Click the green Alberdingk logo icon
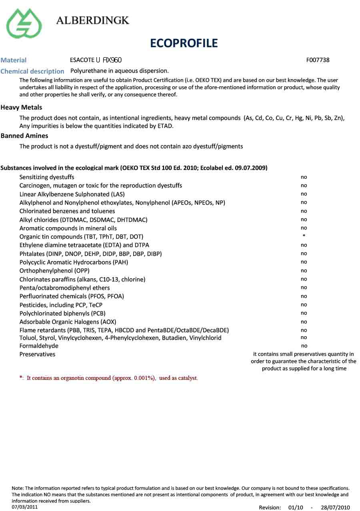pyautogui.click(x=24, y=23)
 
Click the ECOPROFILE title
pyautogui.click(x=184, y=43)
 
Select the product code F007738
pyautogui.click(x=318, y=60)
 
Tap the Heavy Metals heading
pyautogui.click(x=21, y=107)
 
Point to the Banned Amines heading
pyautogui.click(x=24, y=136)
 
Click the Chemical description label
pyautogui.click(x=32, y=71)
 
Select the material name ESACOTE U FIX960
pyautogui.click(x=96, y=60)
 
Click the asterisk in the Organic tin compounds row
pyautogui.click(x=304, y=236)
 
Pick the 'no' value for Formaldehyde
pyautogui.click(x=304, y=346)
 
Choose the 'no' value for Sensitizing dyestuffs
pyautogui.click(x=304, y=177)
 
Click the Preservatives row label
pyautogui.click(x=37, y=354)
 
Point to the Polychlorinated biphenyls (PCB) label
pyautogui.click(x=62, y=313)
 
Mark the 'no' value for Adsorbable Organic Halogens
pyautogui.click(x=304, y=321)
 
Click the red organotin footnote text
pyautogui.click(x=108, y=378)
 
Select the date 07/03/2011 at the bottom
pyautogui.click(x=25, y=507)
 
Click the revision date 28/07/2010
pyautogui.click(x=335, y=507)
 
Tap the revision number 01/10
pyautogui.click(x=296, y=507)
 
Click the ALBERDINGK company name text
pyautogui.click(x=93, y=20)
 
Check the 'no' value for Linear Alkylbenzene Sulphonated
pyautogui.click(x=304, y=194)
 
